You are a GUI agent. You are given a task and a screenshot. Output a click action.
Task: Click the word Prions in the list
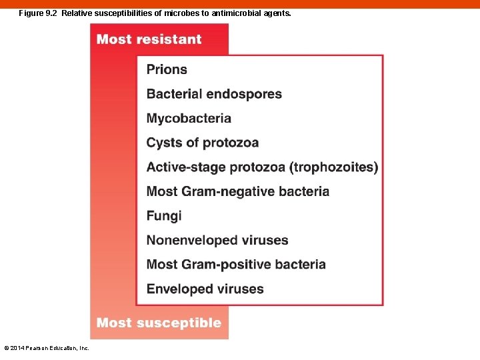click(167, 69)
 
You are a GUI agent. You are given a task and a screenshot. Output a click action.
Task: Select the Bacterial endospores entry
click(214, 94)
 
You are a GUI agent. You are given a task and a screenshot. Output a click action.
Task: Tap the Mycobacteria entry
click(189, 119)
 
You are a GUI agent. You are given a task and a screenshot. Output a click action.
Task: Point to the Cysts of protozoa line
click(202, 143)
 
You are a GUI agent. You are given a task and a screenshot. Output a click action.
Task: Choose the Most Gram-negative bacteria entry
click(237, 191)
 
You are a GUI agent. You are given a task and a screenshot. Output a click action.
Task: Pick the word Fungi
click(164, 216)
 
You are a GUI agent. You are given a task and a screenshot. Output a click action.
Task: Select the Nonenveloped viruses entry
click(217, 240)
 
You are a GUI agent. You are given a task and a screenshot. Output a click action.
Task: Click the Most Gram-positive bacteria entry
click(236, 265)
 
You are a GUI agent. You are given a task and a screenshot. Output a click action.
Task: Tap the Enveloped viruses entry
click(205, 289)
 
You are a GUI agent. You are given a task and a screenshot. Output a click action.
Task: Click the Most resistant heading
click(149, 39)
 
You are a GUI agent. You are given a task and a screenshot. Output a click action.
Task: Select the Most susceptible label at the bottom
click(159, 323)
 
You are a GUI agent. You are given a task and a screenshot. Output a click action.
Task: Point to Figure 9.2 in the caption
click(38, 13)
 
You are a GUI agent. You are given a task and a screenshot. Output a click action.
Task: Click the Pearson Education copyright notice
click(47, 348)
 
